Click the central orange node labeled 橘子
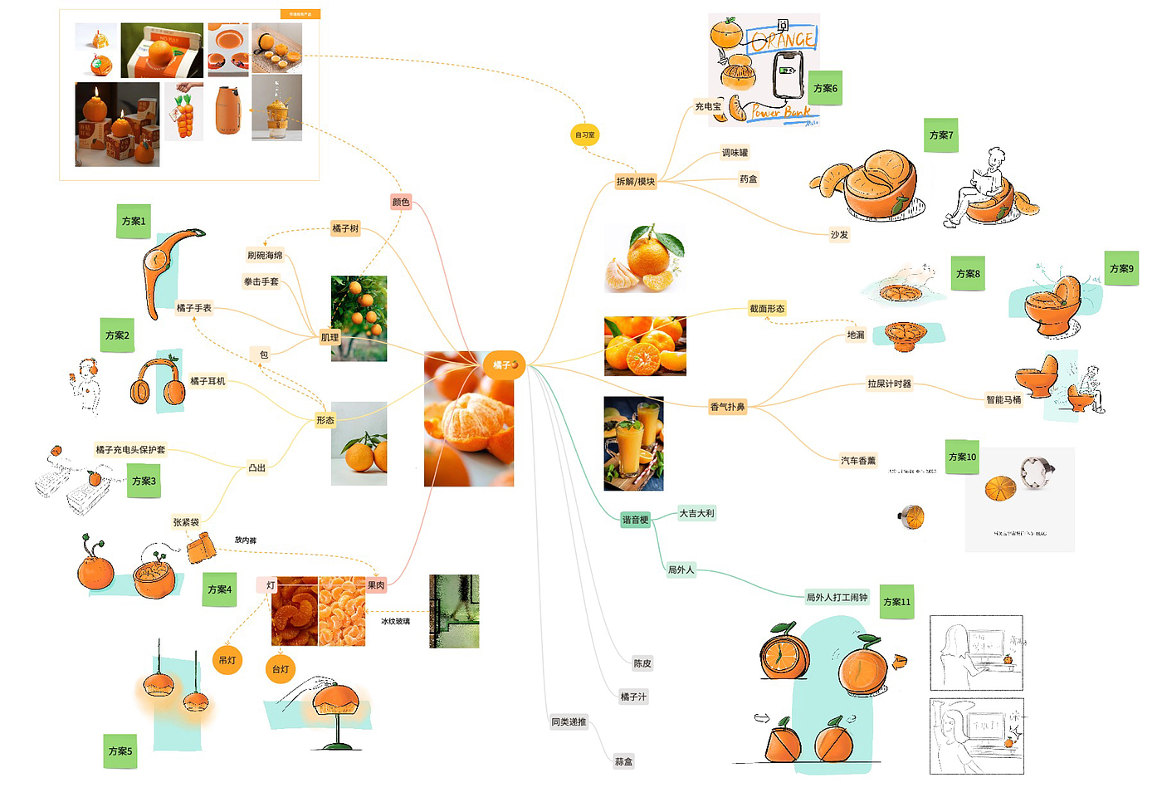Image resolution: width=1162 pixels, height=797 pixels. (x=504, y=364)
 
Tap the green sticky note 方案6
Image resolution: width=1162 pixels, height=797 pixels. (x=825, y=88)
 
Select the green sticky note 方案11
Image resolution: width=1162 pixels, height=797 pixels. (x=896, y=602)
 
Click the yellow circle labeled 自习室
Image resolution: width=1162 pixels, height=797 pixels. (x=584, y=134)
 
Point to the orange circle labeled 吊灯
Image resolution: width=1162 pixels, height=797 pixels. (x=227, y=660)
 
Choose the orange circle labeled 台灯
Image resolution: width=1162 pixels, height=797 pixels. (x=281, y=669)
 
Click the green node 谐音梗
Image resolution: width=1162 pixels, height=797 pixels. (x=635, y=520)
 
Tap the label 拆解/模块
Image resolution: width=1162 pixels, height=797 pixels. (x=635, y=181)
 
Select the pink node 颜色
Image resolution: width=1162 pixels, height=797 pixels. (x=401, y=202)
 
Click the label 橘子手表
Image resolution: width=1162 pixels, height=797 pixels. (x=193, y=308)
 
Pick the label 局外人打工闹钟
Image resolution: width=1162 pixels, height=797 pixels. (x=837, y=597)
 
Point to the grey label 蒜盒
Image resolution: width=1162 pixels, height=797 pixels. (x=623, y=761)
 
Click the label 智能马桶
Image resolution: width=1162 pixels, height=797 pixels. (x=1003, y=400)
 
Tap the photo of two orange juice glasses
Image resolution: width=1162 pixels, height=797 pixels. (x=633, y=443)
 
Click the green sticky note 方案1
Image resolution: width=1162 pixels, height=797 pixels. (x=134, y=221)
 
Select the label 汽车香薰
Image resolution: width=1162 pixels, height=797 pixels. (x=858, y=461)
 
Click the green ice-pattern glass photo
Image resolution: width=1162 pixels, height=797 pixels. (x=454, y=611)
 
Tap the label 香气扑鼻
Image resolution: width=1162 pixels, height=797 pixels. (x=727, y=407)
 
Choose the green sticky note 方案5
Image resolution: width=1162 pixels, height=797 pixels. (x=120, y=751)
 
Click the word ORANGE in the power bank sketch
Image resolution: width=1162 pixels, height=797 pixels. (x=783, y=39)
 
